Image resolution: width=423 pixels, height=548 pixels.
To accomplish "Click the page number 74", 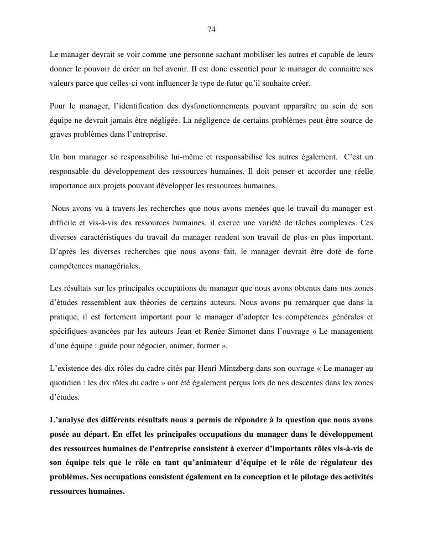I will click(x=211, y=29).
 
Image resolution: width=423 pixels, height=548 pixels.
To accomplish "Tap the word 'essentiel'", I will click(x=250, y=69).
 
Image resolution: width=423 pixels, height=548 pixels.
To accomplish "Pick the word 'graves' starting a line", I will click(x=60, y=135).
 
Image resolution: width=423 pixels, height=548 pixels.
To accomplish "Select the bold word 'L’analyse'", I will click(x=67, y=419).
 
